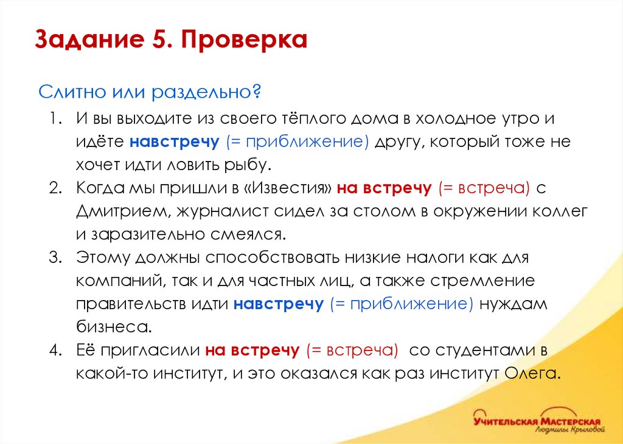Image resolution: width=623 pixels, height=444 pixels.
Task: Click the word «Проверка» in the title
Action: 243,41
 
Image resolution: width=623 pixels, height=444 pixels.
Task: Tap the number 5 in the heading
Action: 154,41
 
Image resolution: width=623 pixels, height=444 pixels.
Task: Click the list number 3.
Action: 55,257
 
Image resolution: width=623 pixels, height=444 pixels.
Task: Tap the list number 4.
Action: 55,350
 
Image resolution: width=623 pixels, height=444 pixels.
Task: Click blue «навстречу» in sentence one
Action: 174,142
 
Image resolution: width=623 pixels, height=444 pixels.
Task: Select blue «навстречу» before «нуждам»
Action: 278,304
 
